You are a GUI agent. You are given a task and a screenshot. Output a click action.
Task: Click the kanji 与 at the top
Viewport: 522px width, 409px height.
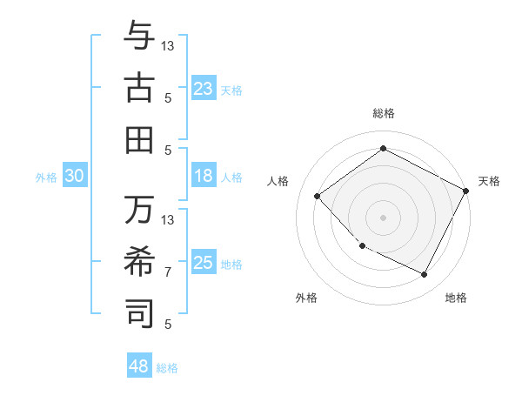tap(139, 37)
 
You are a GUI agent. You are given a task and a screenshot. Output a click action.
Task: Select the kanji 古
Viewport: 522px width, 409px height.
tap(139, 88)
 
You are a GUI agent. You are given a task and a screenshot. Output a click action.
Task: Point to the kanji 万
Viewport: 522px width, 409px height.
tap(139, 210)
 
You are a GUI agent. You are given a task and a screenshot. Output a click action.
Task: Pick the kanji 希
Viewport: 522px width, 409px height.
tap(139, 261)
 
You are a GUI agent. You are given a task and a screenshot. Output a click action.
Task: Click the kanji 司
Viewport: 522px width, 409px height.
tap(139, 312)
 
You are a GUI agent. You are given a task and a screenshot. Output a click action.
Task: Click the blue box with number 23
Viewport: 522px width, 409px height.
tap(204, 89)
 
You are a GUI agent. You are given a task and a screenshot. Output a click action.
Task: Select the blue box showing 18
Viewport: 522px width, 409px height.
tap(204, 176)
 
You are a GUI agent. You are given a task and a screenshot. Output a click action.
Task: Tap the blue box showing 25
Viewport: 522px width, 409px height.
tap(204, 263)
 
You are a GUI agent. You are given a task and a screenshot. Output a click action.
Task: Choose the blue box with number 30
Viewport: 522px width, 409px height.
tap(75, 176)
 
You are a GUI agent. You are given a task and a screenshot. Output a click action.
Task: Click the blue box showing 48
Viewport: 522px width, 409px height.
tap(139, 366)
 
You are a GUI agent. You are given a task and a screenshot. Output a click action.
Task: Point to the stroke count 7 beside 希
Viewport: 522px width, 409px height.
tap(168, 272)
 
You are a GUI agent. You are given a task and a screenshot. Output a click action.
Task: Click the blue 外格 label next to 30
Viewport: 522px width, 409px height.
tap(46, 178)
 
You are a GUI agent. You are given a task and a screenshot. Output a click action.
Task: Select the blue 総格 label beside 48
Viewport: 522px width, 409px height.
tap(167, 368)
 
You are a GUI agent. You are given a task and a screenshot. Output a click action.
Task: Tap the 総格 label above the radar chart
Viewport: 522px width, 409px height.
tap(384, 113)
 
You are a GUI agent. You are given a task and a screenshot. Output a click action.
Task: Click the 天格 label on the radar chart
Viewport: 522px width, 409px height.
tap(490, 181)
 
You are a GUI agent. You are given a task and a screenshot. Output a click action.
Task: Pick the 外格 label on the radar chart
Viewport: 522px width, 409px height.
tap(306, 298)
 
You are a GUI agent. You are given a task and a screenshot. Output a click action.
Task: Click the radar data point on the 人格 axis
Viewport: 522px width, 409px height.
tap(318, 196)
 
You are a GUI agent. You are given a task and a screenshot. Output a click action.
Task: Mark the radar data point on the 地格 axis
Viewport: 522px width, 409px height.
tap(424, 275)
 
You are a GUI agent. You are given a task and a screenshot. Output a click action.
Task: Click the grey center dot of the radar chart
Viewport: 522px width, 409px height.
tap(383, 217)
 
